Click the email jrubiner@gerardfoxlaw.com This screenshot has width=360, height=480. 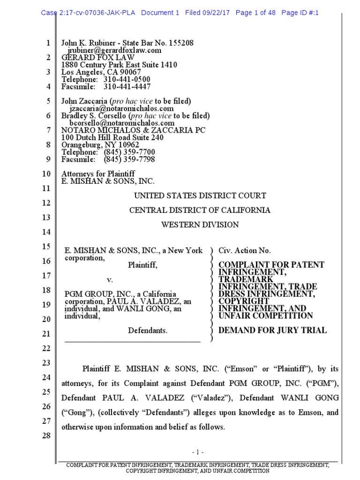[x=115, y=50]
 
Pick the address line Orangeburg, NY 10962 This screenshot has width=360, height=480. [x=100, y=145]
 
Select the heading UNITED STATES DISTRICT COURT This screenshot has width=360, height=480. [x=200, y=195]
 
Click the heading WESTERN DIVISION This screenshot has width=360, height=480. [x=200, y=225]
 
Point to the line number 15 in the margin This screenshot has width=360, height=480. [x=46, y=247]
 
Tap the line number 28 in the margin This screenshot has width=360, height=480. [x=46, y=435]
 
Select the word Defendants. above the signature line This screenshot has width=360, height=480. [x=148, y=330]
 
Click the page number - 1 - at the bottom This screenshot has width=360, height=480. [x=198, y=452]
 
